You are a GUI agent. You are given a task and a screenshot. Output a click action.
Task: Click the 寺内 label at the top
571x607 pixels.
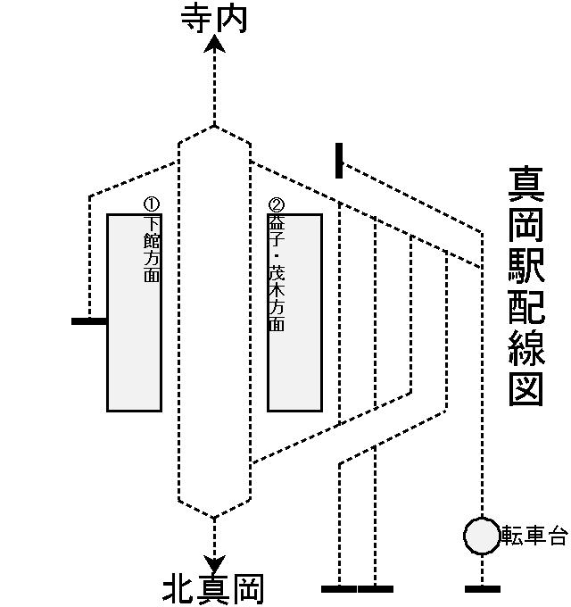pyautogui.click(x=214, y=17)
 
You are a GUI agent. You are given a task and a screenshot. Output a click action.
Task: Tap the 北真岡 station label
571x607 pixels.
pyautogui.click(x=214, y=590)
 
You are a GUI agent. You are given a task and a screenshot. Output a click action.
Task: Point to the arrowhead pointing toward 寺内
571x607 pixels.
pyautogui.click(x=214, y=42)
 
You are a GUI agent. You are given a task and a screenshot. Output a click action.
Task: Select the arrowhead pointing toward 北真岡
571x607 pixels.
pyautogui.click(x=214, y=563)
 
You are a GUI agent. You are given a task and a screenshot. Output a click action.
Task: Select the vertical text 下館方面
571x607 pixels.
pyautogui.click(x=152, y=249)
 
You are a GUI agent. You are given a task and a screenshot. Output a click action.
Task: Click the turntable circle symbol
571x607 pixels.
pyautogui.click(x=482, y=536)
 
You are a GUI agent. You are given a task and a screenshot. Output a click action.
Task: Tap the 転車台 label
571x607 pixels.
pyautogui.click(x=534, y=536)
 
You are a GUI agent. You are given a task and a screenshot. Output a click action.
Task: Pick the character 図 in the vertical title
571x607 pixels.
pyautogui.click(x=526, y=388)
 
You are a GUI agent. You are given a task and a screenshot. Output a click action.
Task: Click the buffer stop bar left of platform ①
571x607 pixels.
pyautogui.click(x=89, y=320)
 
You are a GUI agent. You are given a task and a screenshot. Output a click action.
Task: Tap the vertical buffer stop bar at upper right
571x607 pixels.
pyautogui.click(x=339, y=161)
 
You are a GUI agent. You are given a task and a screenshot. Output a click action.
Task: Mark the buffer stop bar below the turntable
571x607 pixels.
pyautogui.click(x=482, y=589)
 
